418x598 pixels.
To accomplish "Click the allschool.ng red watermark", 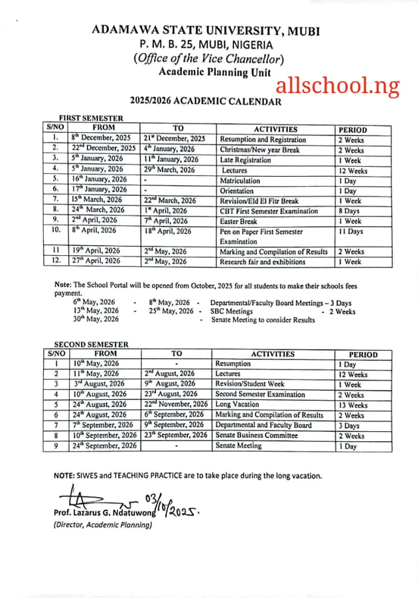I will (338, 85).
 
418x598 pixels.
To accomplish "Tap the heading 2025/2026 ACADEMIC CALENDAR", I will (205, 102).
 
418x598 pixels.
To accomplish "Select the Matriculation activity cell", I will (240, 180).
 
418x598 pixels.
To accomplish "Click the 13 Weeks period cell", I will (352, 405).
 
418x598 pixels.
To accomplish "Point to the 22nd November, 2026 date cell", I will (176, 405).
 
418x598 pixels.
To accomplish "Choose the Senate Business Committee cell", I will (258, 436).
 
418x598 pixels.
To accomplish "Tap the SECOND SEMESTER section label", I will (91, 344).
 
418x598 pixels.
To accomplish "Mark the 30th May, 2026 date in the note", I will (96, 320).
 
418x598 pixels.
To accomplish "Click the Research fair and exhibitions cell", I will (263, 262).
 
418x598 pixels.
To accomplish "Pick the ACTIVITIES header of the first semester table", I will (275, 129).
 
